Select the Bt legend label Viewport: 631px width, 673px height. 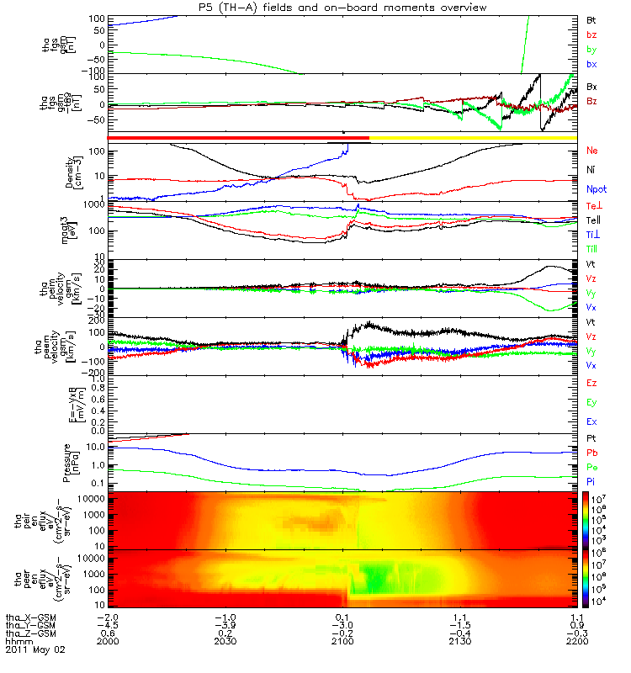pos(591,19)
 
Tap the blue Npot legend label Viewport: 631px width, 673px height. pos(596,193)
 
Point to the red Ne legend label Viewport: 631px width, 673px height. pos(592,151)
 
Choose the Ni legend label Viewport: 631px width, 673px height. pos(591,172)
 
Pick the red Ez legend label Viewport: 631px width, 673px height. pos(591,383)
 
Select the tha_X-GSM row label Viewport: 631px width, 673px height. pos(29,617)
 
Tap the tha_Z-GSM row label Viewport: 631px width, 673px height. pos(29,633)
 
